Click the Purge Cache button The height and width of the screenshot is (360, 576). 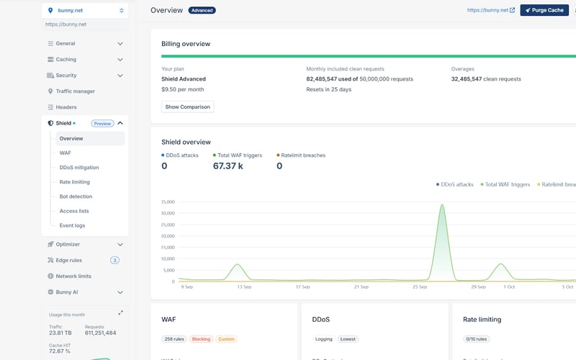point(544,10)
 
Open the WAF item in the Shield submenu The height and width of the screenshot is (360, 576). point(66,153)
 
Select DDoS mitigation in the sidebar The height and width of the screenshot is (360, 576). point(79,167)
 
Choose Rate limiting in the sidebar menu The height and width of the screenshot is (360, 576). point(75,182)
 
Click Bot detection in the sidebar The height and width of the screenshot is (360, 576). point(76,197)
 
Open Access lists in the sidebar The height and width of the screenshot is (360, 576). point(74,211)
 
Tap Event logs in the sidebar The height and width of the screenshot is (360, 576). point(72,225)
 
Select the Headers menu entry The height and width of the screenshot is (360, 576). point(66,107)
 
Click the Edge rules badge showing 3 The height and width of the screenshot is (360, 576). point(114,260)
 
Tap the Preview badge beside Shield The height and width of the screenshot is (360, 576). point(102,123)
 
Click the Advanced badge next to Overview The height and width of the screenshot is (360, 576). point(202,11)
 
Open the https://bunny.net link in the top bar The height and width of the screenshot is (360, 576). point(490,11)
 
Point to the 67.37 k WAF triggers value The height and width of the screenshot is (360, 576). point(228,166)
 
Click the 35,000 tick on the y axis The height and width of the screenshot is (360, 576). point(168,202)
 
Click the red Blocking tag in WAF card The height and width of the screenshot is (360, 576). point(200,338)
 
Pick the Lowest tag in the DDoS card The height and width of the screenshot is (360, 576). point(348,338)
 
